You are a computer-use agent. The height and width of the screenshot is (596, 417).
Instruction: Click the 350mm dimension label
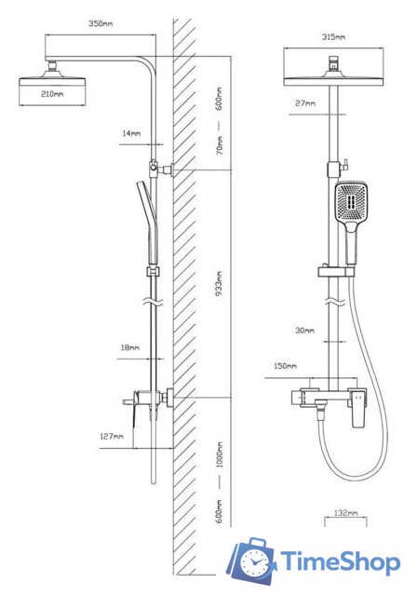coord(101,23)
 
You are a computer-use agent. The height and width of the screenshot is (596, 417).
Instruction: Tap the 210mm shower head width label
coord(52,94)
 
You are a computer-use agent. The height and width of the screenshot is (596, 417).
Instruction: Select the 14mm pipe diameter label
coord(131,133)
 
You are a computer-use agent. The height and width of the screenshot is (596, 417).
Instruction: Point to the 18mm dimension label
coord(130,347)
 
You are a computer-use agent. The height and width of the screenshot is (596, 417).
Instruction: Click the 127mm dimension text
coord(112,436)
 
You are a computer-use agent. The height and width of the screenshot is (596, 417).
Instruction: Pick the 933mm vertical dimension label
coord(219,284)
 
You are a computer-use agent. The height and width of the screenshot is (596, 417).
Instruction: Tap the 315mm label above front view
coord(334,37)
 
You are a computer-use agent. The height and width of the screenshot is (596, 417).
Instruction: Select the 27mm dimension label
coord(305,103)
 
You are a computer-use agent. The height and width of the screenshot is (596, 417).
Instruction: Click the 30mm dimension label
coord(305,331)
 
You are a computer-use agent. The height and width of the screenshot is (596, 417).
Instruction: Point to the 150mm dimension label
coord(285,366)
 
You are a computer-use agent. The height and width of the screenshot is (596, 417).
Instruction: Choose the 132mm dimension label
coord(346,513)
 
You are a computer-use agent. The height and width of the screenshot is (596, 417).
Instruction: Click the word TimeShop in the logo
coord(341,562)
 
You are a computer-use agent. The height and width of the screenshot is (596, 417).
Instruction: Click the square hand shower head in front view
coord(351,202)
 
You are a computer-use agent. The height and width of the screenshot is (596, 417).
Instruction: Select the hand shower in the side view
coord(148,222)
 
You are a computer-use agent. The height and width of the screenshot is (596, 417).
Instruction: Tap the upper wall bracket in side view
coord(161,168)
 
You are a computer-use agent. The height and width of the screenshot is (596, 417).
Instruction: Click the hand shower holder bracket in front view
coord(337,271)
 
